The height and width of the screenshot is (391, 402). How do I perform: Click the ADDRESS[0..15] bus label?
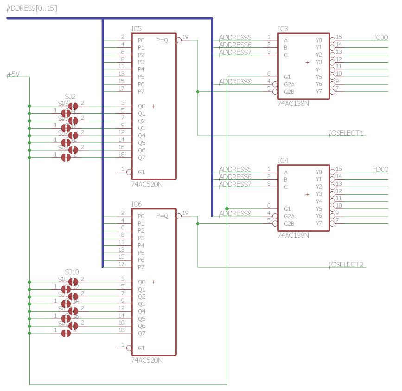(32, 8)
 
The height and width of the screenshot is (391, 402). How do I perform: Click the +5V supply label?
(13, 74)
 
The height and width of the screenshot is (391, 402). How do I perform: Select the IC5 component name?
(136, 29)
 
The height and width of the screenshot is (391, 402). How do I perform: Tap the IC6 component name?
(136, 204)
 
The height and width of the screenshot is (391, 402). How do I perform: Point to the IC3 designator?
(283, 29)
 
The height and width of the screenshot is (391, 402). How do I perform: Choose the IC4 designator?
(283, 161)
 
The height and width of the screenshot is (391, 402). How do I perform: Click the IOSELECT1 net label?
(346, 133)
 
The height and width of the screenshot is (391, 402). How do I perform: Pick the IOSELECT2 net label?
(346, 265)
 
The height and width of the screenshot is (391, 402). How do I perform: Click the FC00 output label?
(380, 38)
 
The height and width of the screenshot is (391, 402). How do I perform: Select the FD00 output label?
(380, 169)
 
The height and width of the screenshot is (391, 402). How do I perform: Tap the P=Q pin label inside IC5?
(162, 40)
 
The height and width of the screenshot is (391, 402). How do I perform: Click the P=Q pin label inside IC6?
(162, 216)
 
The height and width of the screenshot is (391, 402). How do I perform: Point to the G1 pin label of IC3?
(287, 77)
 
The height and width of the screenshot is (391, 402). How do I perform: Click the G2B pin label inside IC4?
(289, 223)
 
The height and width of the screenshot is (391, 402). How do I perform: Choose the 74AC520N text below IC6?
(147, 360)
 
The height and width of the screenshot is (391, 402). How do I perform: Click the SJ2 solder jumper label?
(70, 96)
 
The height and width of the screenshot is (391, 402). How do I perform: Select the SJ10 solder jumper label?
(72, 272)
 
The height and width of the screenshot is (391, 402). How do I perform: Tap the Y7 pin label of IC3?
(319, 91)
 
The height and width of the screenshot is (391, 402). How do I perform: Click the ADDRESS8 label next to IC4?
(235, 214)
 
